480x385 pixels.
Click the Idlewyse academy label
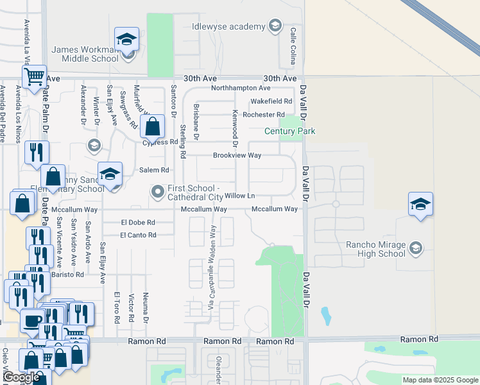click(228, 26)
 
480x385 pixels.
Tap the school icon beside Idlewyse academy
click(275, 26)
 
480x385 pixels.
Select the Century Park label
click(290, 132)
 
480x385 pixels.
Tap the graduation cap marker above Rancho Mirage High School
click(420, 205)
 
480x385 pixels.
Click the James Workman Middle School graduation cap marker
click(126, 40)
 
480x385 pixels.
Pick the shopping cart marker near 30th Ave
click(34, 78)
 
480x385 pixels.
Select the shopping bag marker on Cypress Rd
click(153, 126)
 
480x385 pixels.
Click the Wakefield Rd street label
click(271, 101)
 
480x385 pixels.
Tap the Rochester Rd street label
click(264, 115)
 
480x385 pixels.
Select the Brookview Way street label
click(237, 155)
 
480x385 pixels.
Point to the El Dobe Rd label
click(138, 222)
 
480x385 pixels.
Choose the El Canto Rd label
click(138, 235)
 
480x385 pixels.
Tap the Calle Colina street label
click(293, 40)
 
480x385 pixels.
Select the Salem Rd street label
click(154, 170)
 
